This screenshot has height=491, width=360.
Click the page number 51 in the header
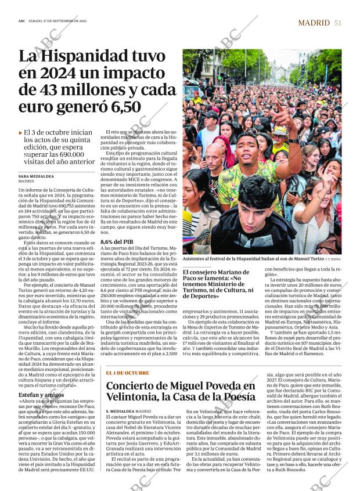338,23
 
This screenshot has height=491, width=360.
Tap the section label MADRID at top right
314,23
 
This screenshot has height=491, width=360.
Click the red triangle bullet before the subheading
21,133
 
